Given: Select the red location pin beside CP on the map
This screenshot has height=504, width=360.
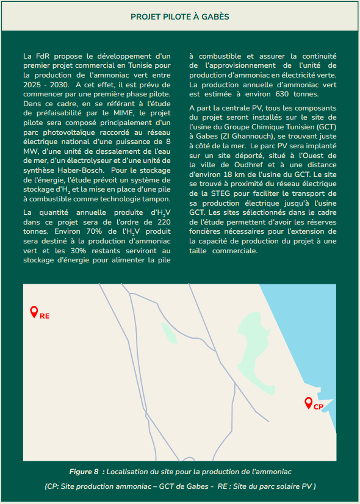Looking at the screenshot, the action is tap(309, 402).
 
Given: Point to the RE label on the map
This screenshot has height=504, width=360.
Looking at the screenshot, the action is tap(45, 316).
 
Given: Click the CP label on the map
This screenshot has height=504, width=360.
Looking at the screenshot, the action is tap(319, 407).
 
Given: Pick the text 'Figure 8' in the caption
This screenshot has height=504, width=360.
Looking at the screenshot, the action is tap(84, 472).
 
